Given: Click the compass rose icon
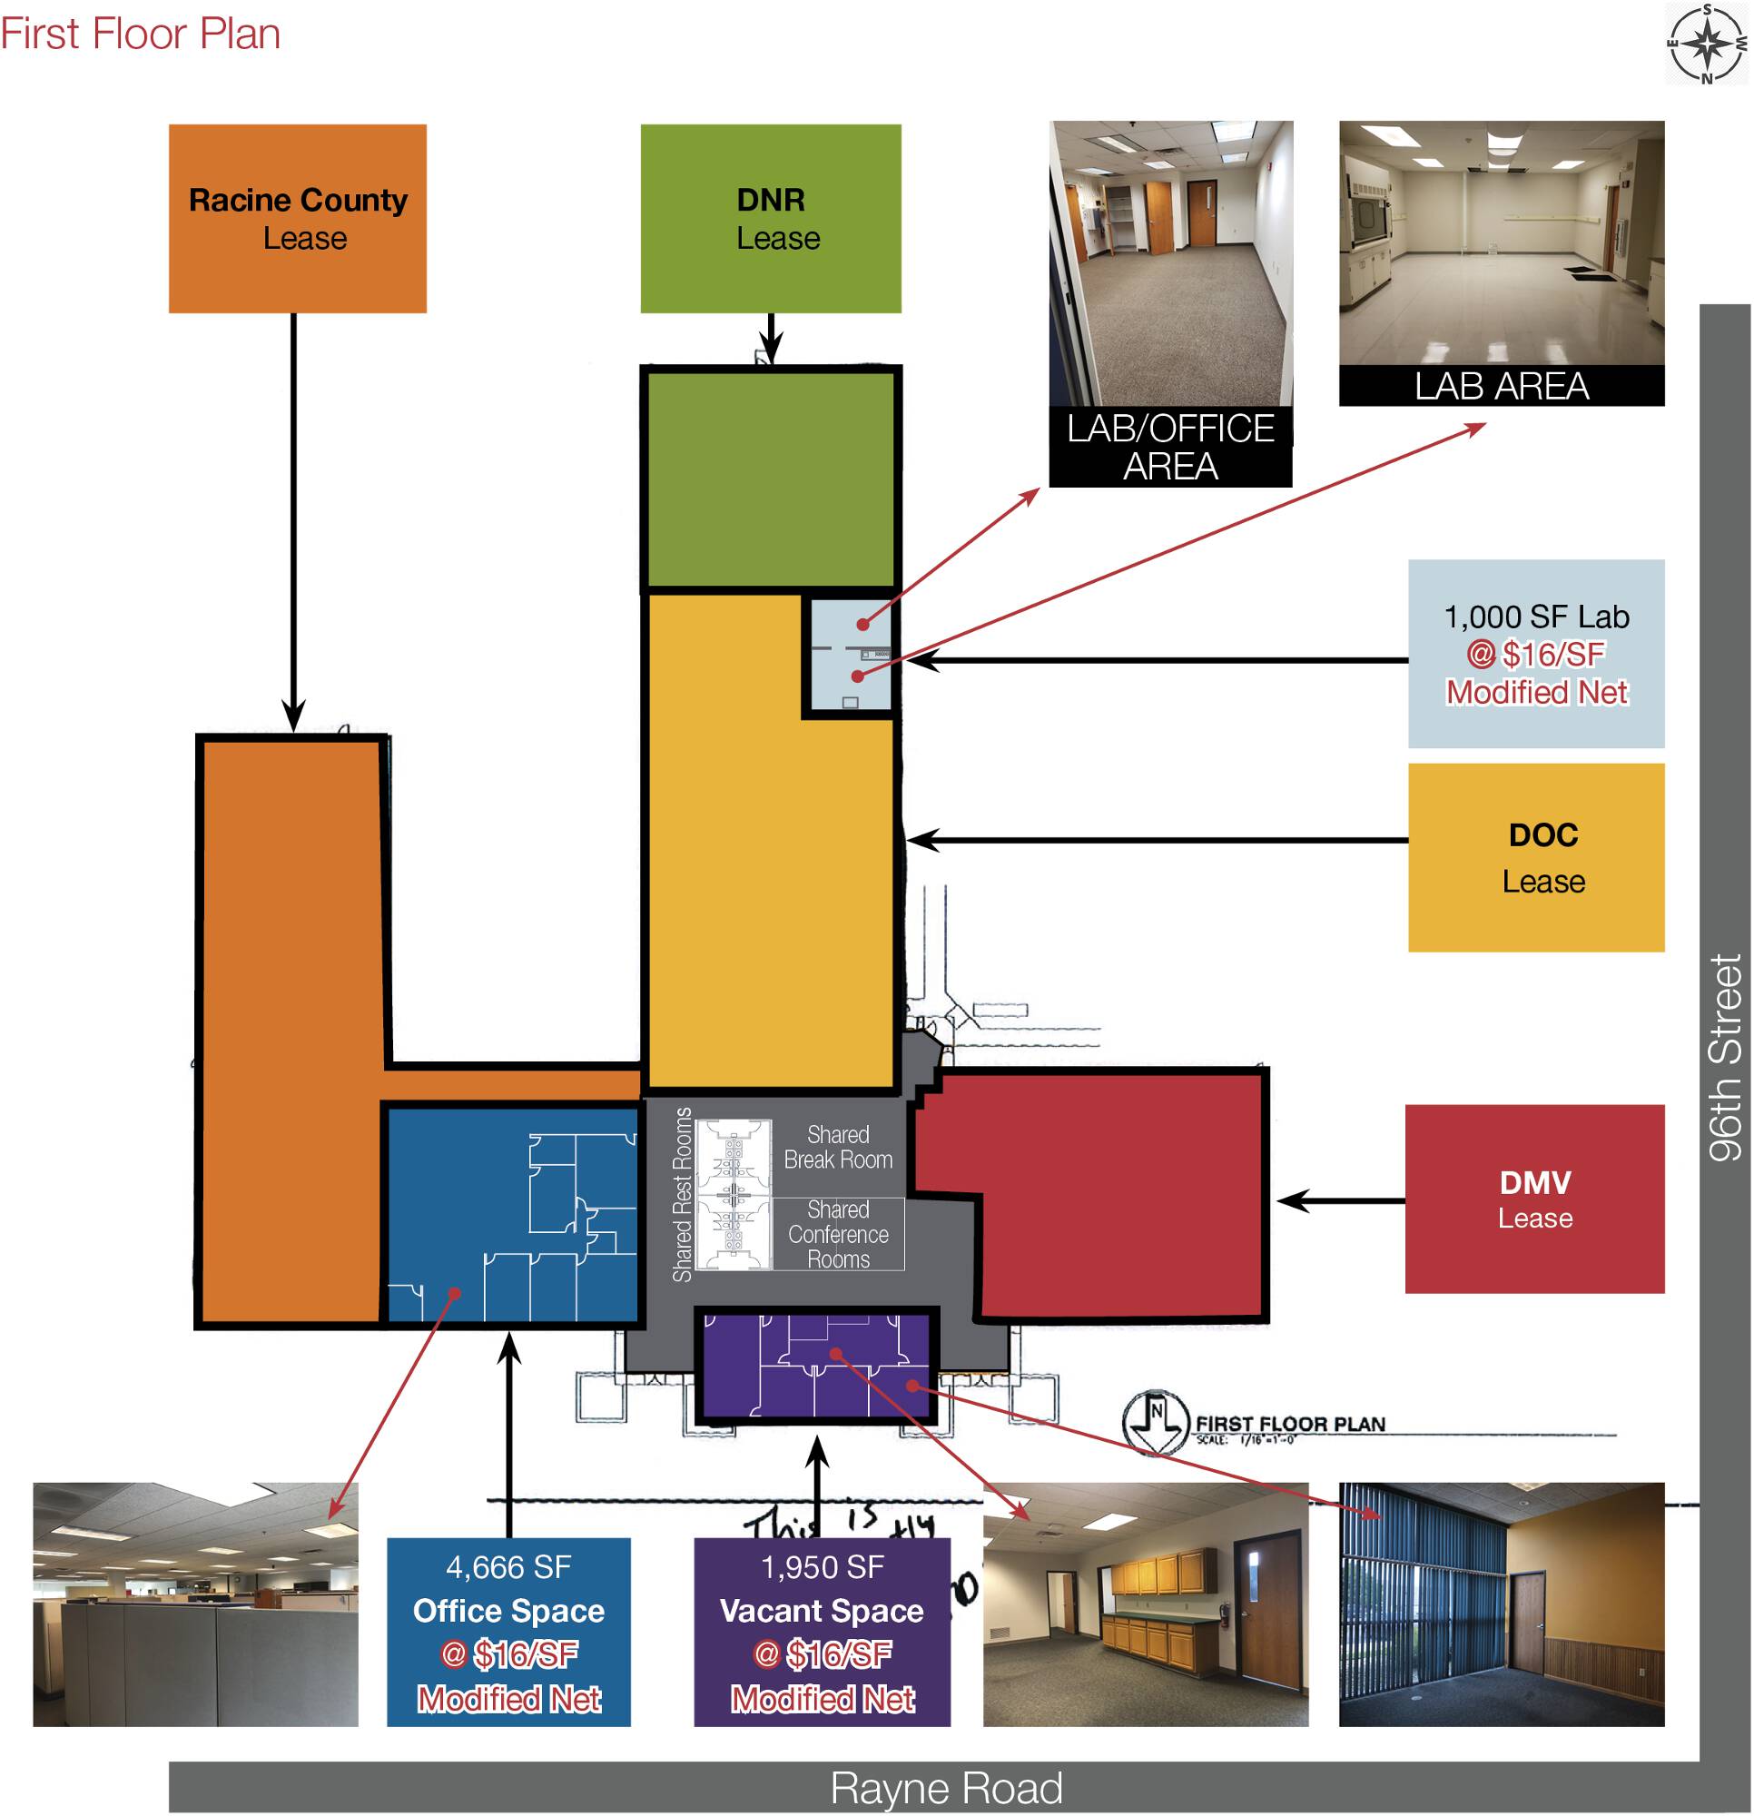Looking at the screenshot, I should click(1707, 43).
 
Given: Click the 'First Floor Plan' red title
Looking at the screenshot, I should click(140, 34).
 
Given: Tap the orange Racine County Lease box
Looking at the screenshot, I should click(298, 219).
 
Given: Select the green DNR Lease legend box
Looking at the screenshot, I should click(770, 219).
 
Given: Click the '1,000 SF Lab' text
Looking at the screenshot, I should click(1535, 617).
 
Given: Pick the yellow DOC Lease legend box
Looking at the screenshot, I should click(1535, 857).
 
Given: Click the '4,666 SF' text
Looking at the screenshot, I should click(507, 1567).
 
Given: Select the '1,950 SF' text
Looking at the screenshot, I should click(821, 1567).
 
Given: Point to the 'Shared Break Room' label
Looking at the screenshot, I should click(838, 1147).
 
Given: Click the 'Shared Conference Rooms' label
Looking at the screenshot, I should click(838, 1234).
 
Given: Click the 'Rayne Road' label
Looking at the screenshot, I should click(945, 1787).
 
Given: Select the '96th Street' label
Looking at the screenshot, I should click(1724, 1056).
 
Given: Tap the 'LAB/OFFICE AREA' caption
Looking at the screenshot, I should click(1169, 447).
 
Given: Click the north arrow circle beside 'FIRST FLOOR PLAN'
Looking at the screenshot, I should click(1155, 1421).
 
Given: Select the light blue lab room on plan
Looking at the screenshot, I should click(849, 655).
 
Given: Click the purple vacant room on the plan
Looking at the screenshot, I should click(815, 1366).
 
